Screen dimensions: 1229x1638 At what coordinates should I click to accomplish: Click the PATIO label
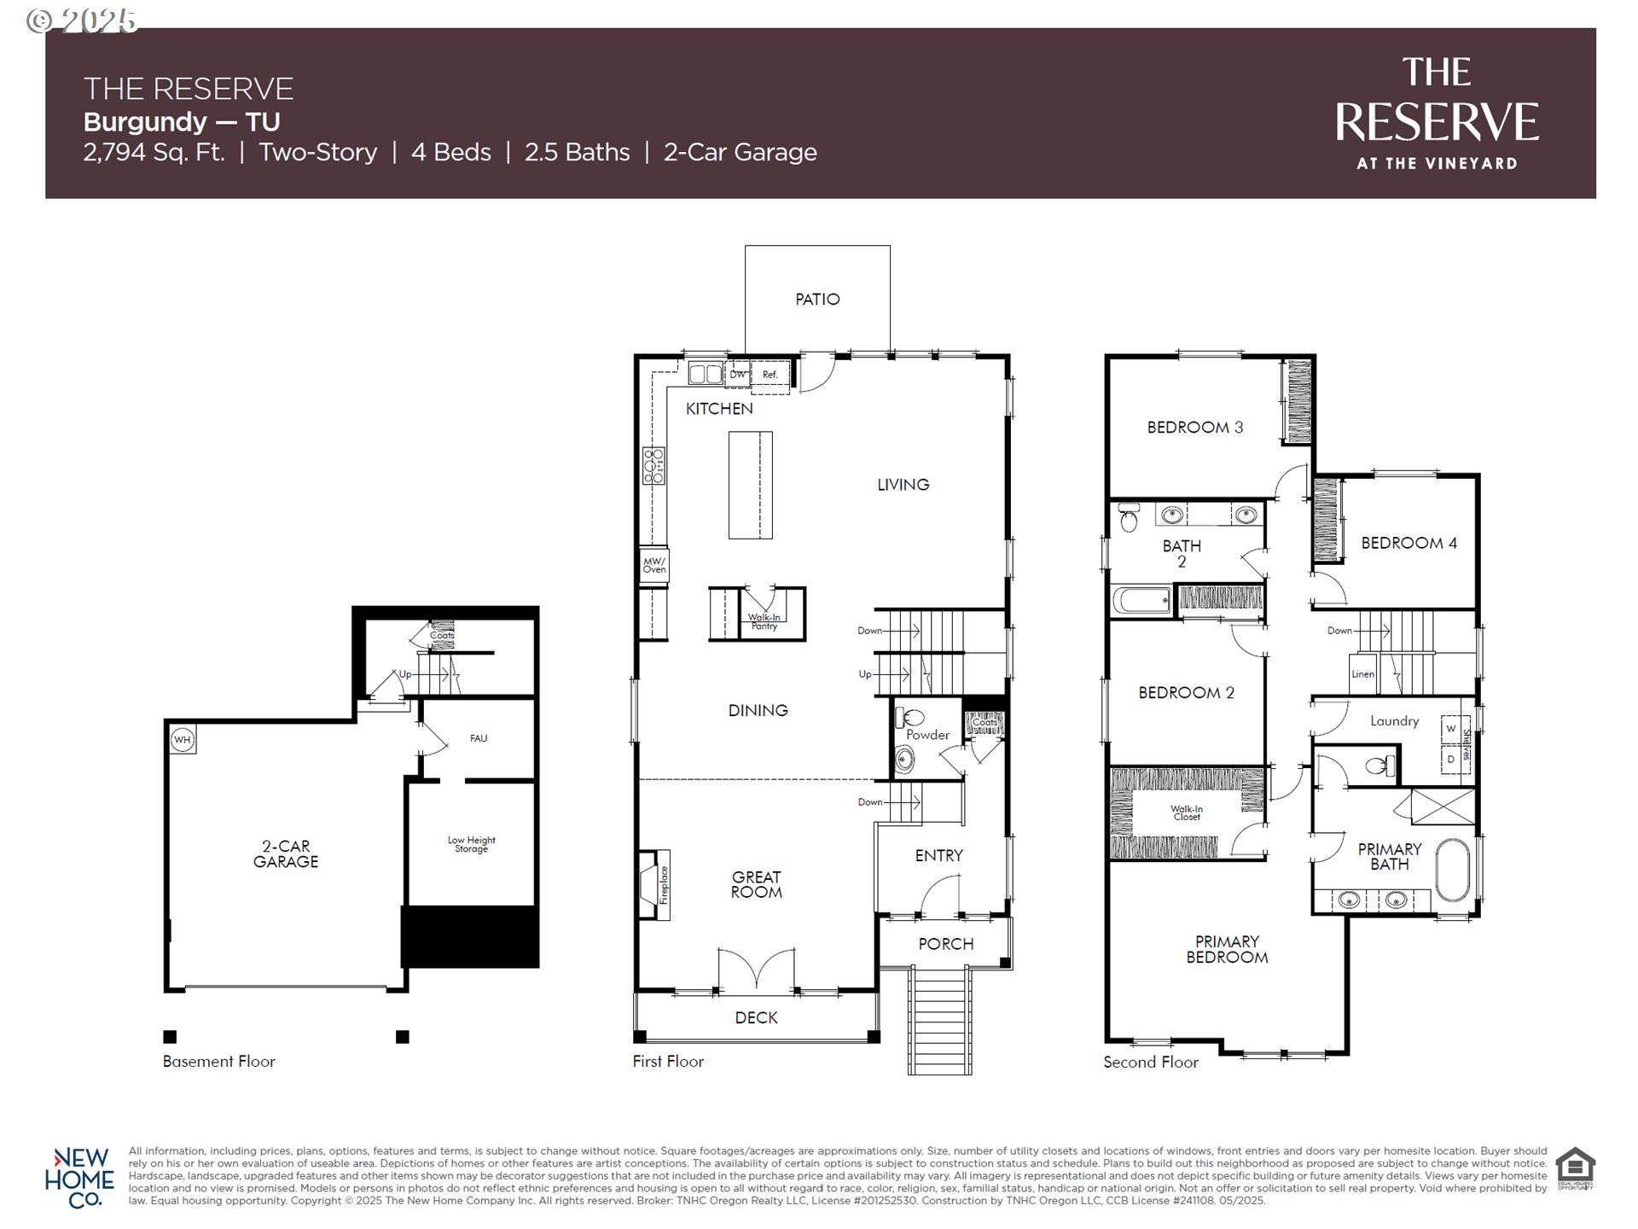click(817, 300)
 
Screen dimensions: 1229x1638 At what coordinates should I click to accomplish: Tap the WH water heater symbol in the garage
click(183, 740)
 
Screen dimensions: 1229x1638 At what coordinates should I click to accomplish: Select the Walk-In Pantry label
click(764, 621)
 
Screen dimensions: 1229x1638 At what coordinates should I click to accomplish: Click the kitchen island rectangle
click(750, 485)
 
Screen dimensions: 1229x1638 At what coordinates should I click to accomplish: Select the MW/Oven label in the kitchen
click(654, 565)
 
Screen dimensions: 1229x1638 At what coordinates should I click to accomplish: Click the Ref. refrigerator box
click(770, 375)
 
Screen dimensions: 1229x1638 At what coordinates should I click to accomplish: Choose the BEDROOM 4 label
click(1409, 543)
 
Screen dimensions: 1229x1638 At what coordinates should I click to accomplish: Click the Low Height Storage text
click(471, 844)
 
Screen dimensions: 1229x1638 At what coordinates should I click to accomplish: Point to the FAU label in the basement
click(479, 738)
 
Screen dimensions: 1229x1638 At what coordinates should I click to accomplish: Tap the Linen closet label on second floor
click(1362, 674)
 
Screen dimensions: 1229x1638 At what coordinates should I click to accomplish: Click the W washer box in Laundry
click(1450, 729)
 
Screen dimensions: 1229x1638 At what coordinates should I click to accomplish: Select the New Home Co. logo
click(78, 1178)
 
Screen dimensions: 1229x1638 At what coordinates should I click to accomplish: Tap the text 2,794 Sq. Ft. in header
click(154, 153)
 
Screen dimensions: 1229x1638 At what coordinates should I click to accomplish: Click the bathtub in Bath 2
click(1141, 600)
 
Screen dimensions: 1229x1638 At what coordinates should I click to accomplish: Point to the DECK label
click(756, 1017)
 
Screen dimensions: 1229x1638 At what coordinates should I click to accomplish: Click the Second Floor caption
click(1150, 1063)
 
